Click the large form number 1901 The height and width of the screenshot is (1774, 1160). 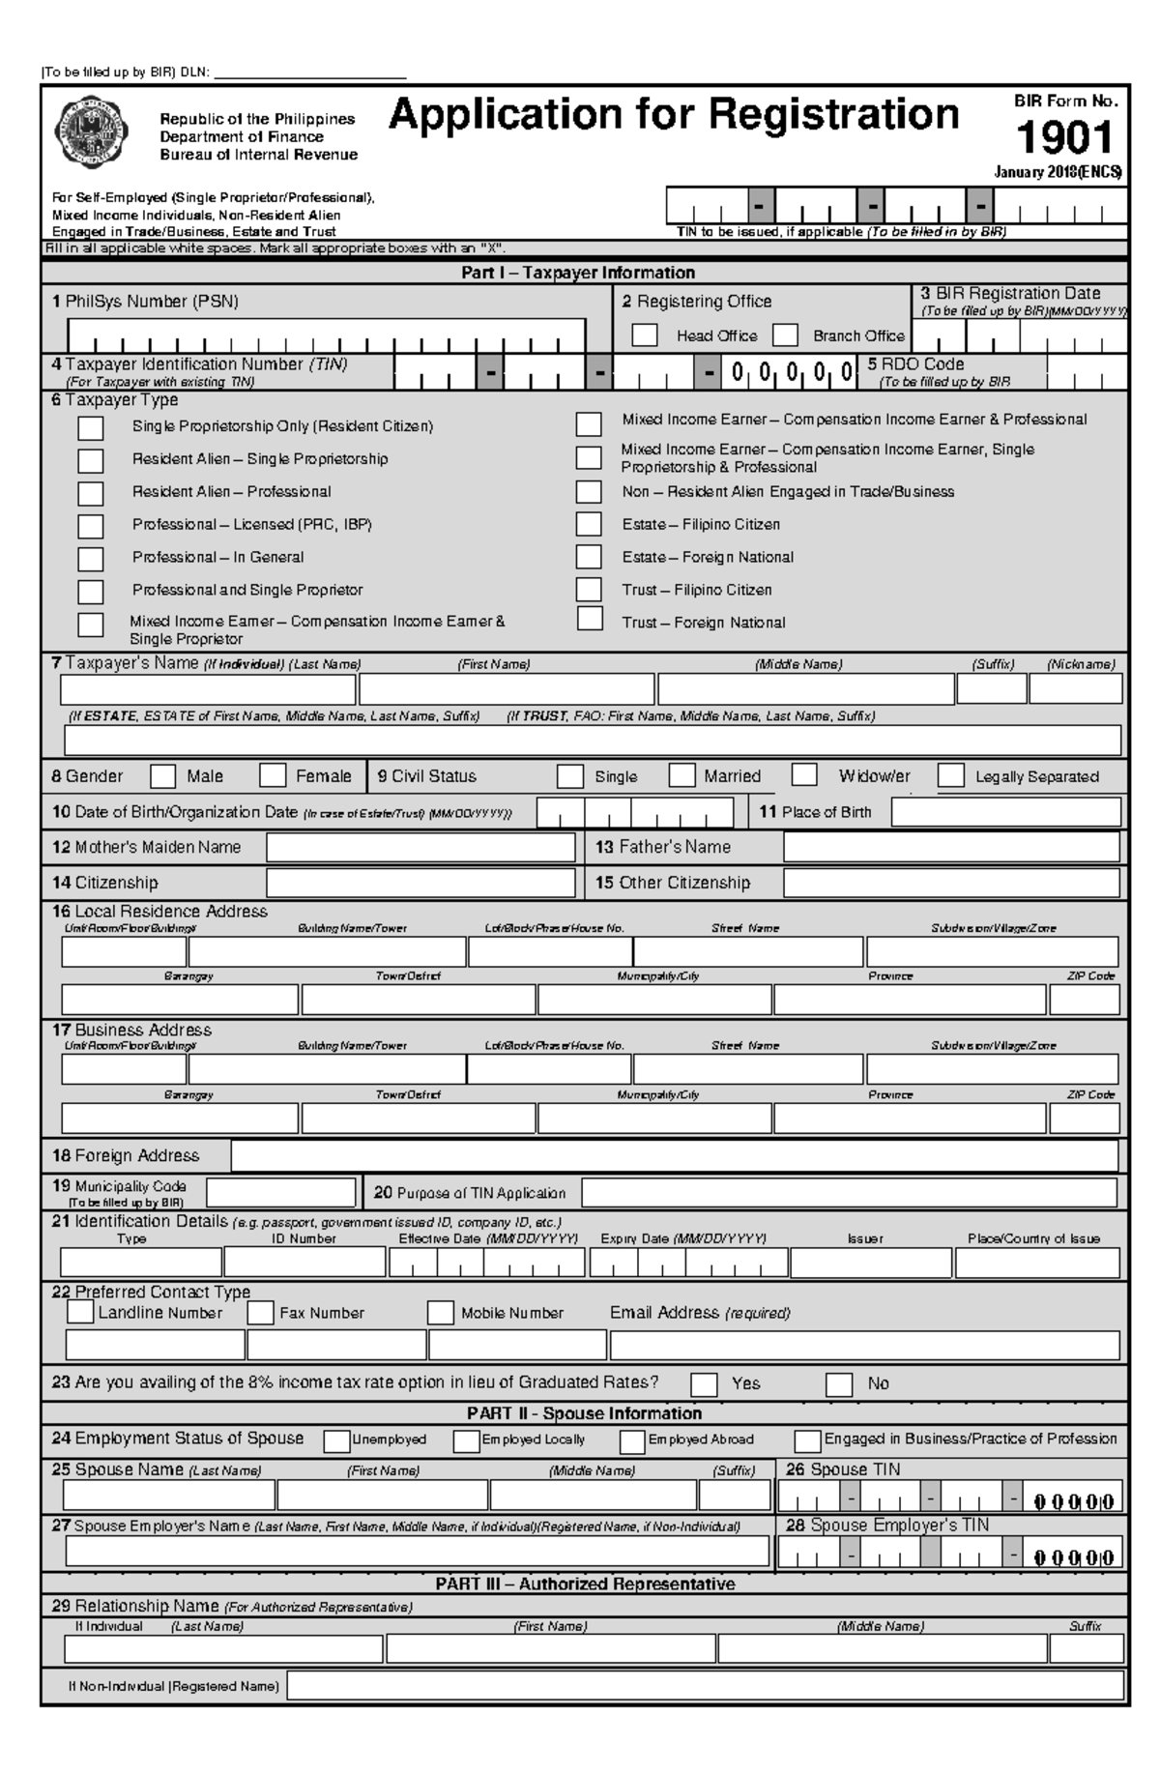(1064, 138)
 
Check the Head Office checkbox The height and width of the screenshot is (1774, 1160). (644, 335)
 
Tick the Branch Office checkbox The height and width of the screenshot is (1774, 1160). (785, 335)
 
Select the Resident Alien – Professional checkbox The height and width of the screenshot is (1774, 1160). (90, 493)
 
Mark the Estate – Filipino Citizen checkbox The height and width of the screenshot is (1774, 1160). (589, 524)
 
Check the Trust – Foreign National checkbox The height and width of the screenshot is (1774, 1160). (590, 619)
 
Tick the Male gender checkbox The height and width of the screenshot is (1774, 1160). (163, 776)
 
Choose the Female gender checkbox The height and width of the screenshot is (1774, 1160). (274, 775)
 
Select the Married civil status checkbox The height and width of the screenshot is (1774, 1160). (682, 775)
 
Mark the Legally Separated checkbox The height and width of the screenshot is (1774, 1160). (951, 775)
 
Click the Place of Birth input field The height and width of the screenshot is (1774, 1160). (1005, 812)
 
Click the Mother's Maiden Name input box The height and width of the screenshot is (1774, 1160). (420, 848)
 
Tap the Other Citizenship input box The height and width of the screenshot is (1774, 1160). (951, 883)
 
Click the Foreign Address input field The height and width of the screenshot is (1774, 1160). (674, 1156)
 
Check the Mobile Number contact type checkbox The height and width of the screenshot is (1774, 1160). (441, 1313)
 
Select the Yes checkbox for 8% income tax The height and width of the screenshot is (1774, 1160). (704, 1384)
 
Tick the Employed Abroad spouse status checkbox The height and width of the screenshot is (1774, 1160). (632, 1441)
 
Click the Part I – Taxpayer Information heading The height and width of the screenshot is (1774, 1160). (578, 273)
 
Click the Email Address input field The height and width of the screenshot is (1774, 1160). (864, 1346)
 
